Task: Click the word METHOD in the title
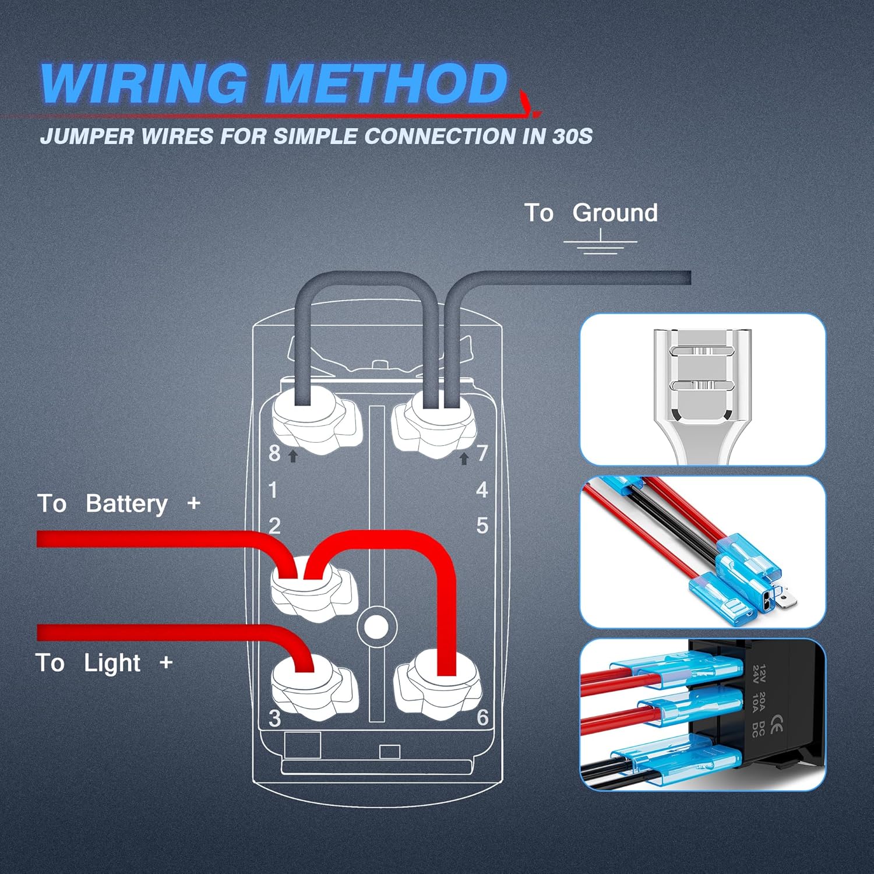point(386,83)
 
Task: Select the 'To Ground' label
point(591,213)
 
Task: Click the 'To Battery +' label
point(119,503)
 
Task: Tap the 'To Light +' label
point(104,662)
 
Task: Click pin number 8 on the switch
point(274,453)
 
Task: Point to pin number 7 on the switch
point(482,453)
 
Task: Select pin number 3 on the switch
point(275,718)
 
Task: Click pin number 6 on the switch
point(482,717)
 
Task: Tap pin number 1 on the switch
point(273,490)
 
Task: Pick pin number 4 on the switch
point(482,489)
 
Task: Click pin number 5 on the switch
point(482,526)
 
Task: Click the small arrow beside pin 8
point(293,456)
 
